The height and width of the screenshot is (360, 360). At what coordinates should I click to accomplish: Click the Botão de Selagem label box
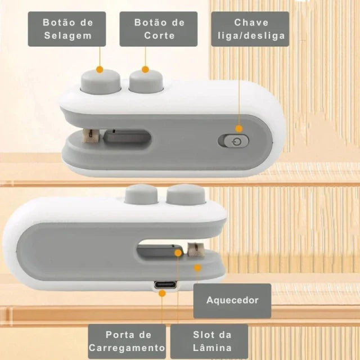(x=68, y=29)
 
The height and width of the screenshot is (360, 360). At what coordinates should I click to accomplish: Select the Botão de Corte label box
(x=159, y=29)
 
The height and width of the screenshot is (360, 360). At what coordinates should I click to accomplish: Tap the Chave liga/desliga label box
(x=250, y=29)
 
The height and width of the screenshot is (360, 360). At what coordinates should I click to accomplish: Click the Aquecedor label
(x=232, y=300)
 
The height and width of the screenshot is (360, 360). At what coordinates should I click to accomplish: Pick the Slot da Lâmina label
(x=210, y=341)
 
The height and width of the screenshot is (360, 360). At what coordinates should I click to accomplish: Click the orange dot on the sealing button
(x=100, y=70)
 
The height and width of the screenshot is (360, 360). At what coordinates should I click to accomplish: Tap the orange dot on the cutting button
(x=145, y=70)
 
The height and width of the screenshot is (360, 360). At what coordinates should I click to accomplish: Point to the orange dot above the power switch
(x=239, y=129)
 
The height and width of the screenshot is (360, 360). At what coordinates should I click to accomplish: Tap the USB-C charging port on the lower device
(x=163, y=285)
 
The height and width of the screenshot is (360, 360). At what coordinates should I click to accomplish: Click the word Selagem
(x=68, y=36)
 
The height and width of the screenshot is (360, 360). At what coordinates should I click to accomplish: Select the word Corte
(x=159, y=36)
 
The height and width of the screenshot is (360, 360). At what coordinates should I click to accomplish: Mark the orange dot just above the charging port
(x=163, y=293)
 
